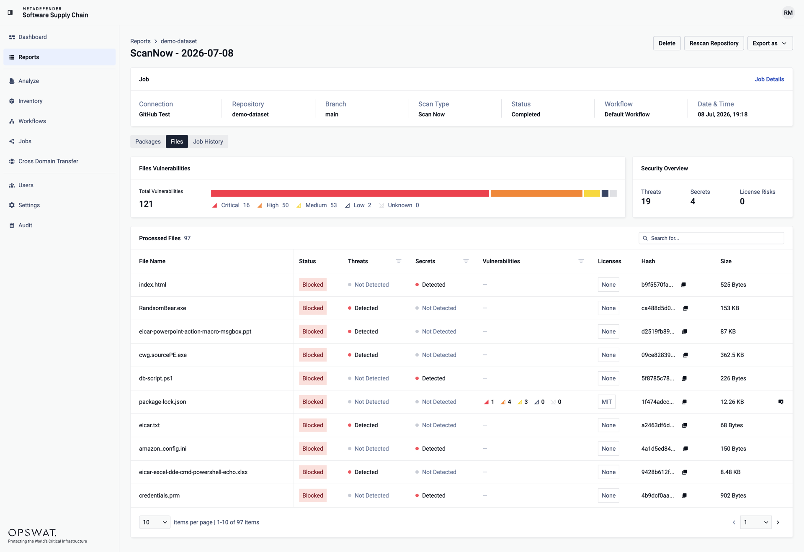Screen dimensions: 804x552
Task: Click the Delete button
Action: point(667,43)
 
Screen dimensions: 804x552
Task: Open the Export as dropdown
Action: point(770,43)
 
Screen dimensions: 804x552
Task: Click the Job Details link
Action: point(769,79)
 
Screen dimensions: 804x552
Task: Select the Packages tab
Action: point(148,141)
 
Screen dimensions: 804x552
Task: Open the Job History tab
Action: point(208,141)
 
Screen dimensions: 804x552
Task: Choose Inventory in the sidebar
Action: point(30,101)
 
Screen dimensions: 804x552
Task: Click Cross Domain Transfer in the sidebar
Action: point(48,161)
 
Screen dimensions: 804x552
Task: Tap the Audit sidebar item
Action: point(25,225)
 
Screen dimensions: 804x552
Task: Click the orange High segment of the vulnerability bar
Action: point(536,193)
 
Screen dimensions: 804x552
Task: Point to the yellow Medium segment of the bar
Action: point(592,193)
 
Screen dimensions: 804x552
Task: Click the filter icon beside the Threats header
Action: point(399,261)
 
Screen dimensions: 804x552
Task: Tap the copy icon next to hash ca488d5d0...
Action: point(685,308)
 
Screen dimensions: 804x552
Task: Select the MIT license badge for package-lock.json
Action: point(607,402)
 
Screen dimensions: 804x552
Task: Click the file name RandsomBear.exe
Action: point(162,308)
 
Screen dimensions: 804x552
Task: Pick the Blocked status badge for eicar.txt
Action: point(312,425)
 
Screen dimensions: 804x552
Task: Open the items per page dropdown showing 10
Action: point(155,522)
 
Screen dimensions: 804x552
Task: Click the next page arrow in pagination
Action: point(778,522)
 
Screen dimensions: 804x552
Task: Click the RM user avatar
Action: point(788,13)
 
